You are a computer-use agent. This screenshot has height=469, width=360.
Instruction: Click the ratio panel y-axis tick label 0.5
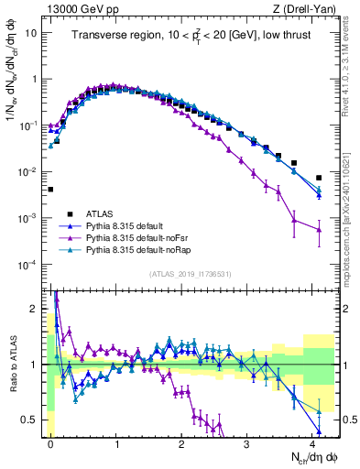pos(30,420)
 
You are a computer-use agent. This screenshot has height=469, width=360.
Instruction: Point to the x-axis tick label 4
pos(312,442)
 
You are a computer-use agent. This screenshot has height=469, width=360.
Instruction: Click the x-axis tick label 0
pos(51,442)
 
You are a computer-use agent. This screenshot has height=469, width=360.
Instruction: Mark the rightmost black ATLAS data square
pos(319,178)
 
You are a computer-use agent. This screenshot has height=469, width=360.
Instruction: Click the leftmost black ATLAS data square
pos(50,190)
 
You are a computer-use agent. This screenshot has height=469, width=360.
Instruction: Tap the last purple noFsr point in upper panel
pos(319,229)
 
